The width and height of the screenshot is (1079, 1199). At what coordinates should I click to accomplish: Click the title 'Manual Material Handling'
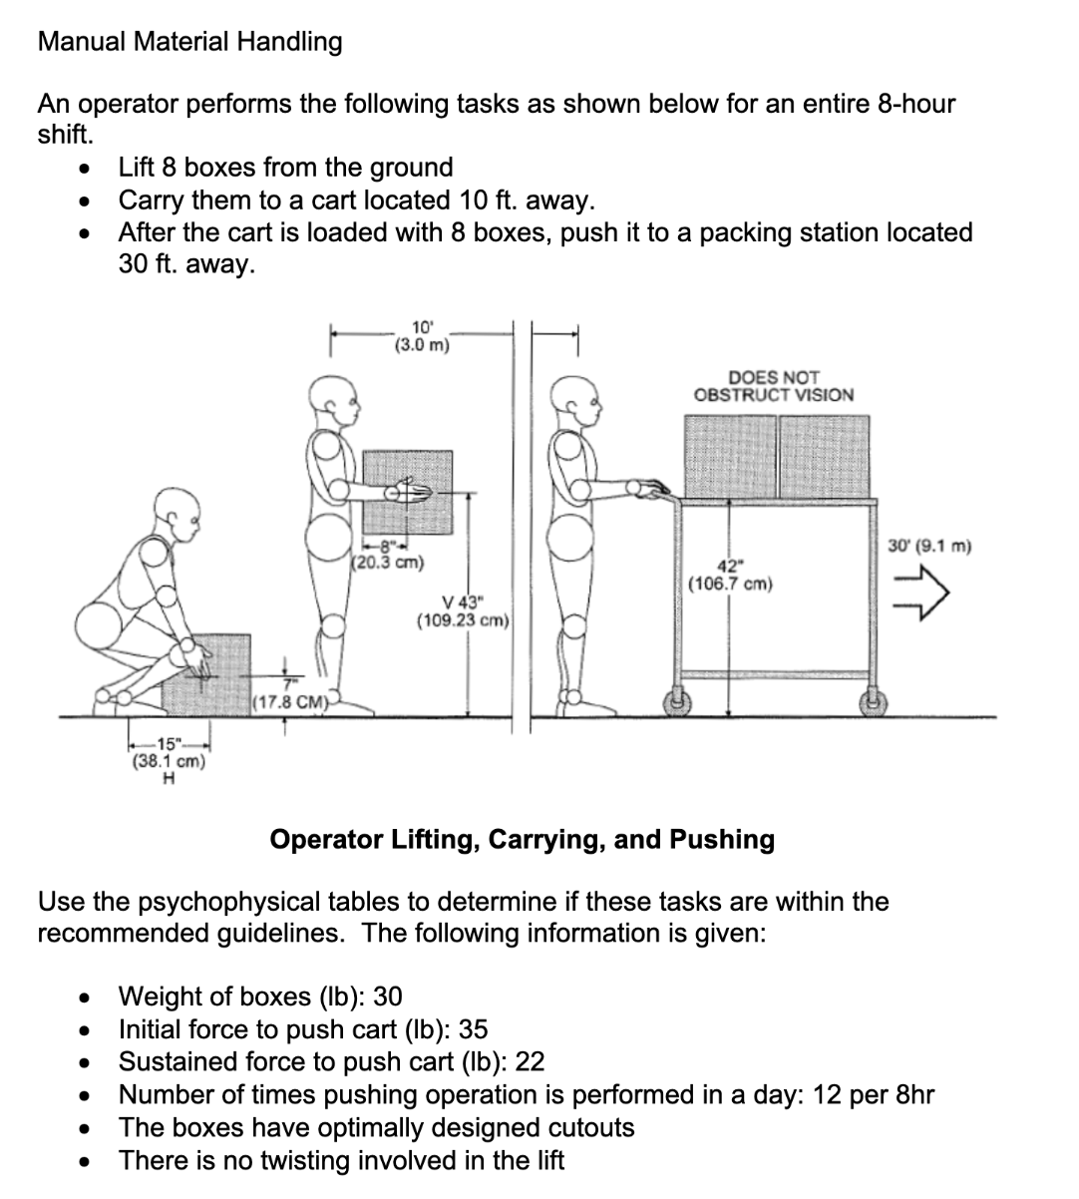(x=189, y=42)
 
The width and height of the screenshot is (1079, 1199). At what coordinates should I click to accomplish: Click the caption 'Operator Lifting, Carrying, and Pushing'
(x=522, y=839)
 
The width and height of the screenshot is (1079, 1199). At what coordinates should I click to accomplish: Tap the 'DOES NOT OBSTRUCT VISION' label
(x=773, y=386)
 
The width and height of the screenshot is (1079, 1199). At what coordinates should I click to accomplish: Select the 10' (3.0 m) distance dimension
(x=422, y=336)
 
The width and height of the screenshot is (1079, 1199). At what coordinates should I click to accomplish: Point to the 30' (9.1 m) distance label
(x=928, y=546)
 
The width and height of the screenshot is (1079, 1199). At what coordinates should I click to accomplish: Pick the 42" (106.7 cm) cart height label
(x=730, y=575)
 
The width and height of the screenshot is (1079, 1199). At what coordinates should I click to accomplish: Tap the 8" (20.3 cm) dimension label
(x=389, y=554)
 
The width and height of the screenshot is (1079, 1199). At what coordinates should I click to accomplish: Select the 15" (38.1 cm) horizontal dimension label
(x=169, y=753)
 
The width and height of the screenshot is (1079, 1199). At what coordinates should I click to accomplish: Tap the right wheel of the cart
(x=871, y=702)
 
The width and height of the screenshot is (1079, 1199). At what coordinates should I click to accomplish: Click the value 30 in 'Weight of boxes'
(x=388, y=997)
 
